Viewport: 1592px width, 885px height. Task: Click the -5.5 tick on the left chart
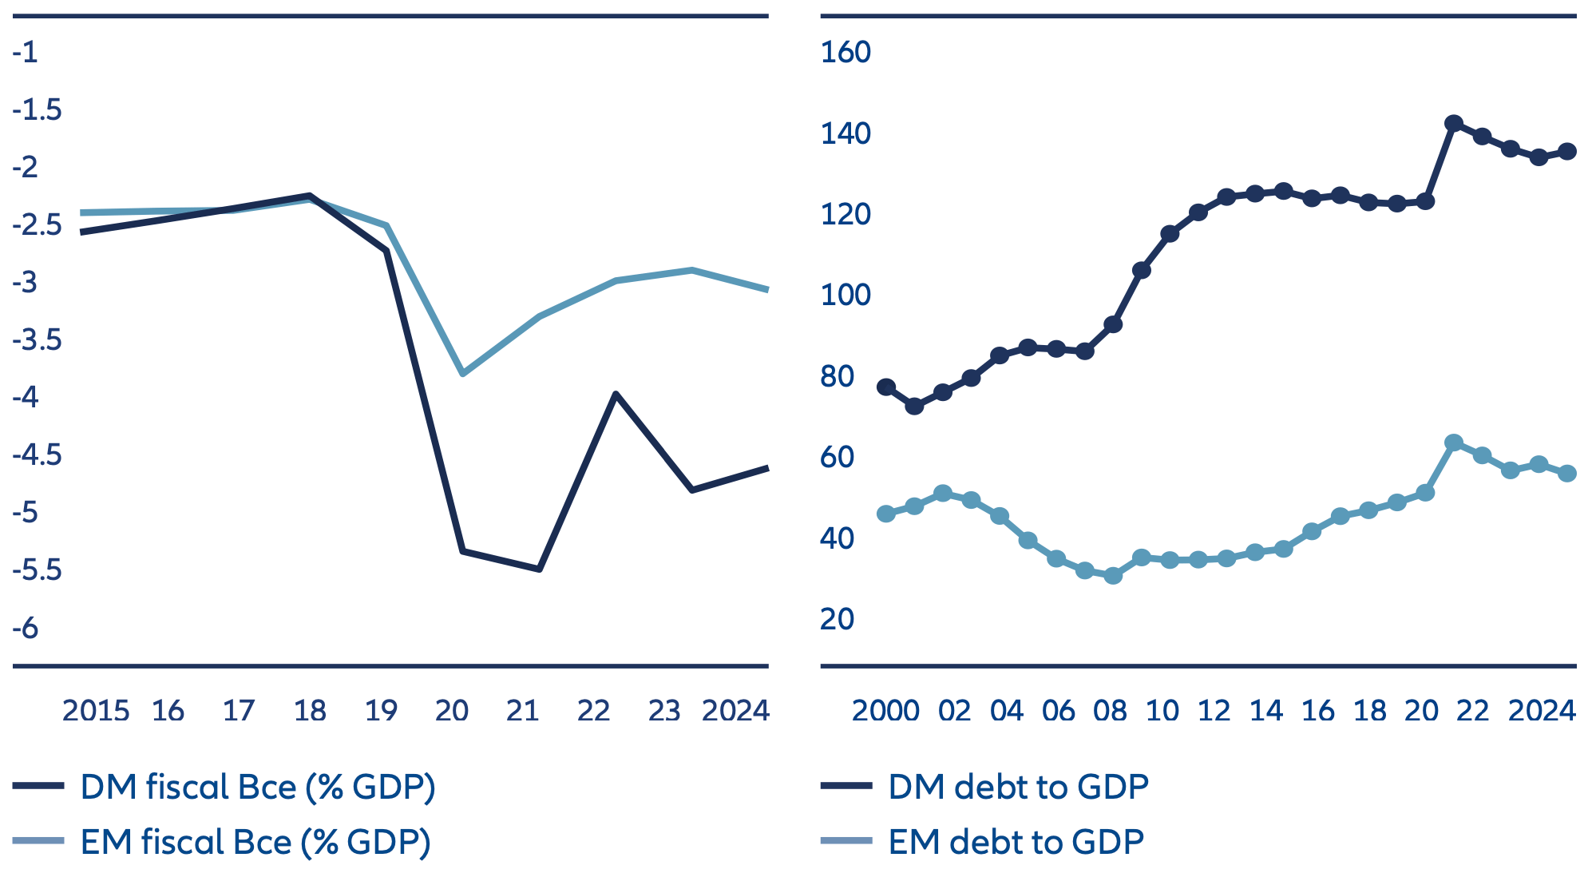(37, 570)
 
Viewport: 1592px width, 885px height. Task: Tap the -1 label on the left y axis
(25, 53)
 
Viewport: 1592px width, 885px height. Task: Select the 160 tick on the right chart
(845, 53)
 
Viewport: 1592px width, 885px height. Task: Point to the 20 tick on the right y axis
(837, 619)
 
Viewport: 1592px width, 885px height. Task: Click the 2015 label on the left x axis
(96, 711)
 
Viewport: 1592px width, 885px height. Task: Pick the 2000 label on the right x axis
(885, 711)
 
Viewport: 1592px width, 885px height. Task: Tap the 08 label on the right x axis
(1110, 711)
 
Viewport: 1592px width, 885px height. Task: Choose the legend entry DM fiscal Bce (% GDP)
(257, 788)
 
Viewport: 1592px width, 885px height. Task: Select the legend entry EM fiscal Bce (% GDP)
(255, 843)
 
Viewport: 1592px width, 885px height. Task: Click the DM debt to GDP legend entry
(1018, 788)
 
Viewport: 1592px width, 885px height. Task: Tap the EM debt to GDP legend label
(1016, 843)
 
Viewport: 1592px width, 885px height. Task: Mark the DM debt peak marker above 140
(1454, 124)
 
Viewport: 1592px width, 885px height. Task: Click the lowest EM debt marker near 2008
(1113, 575)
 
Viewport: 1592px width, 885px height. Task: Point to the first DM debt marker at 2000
(886, 387)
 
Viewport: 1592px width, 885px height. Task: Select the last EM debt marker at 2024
(1567, 474)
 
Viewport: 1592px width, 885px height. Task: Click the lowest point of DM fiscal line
(540, 569)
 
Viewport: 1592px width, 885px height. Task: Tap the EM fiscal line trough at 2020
(463, 373)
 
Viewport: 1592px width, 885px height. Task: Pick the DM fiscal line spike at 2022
(616, 394)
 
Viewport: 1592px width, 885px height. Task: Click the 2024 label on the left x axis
(735, 711)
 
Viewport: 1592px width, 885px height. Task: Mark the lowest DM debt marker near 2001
(915, 407)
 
